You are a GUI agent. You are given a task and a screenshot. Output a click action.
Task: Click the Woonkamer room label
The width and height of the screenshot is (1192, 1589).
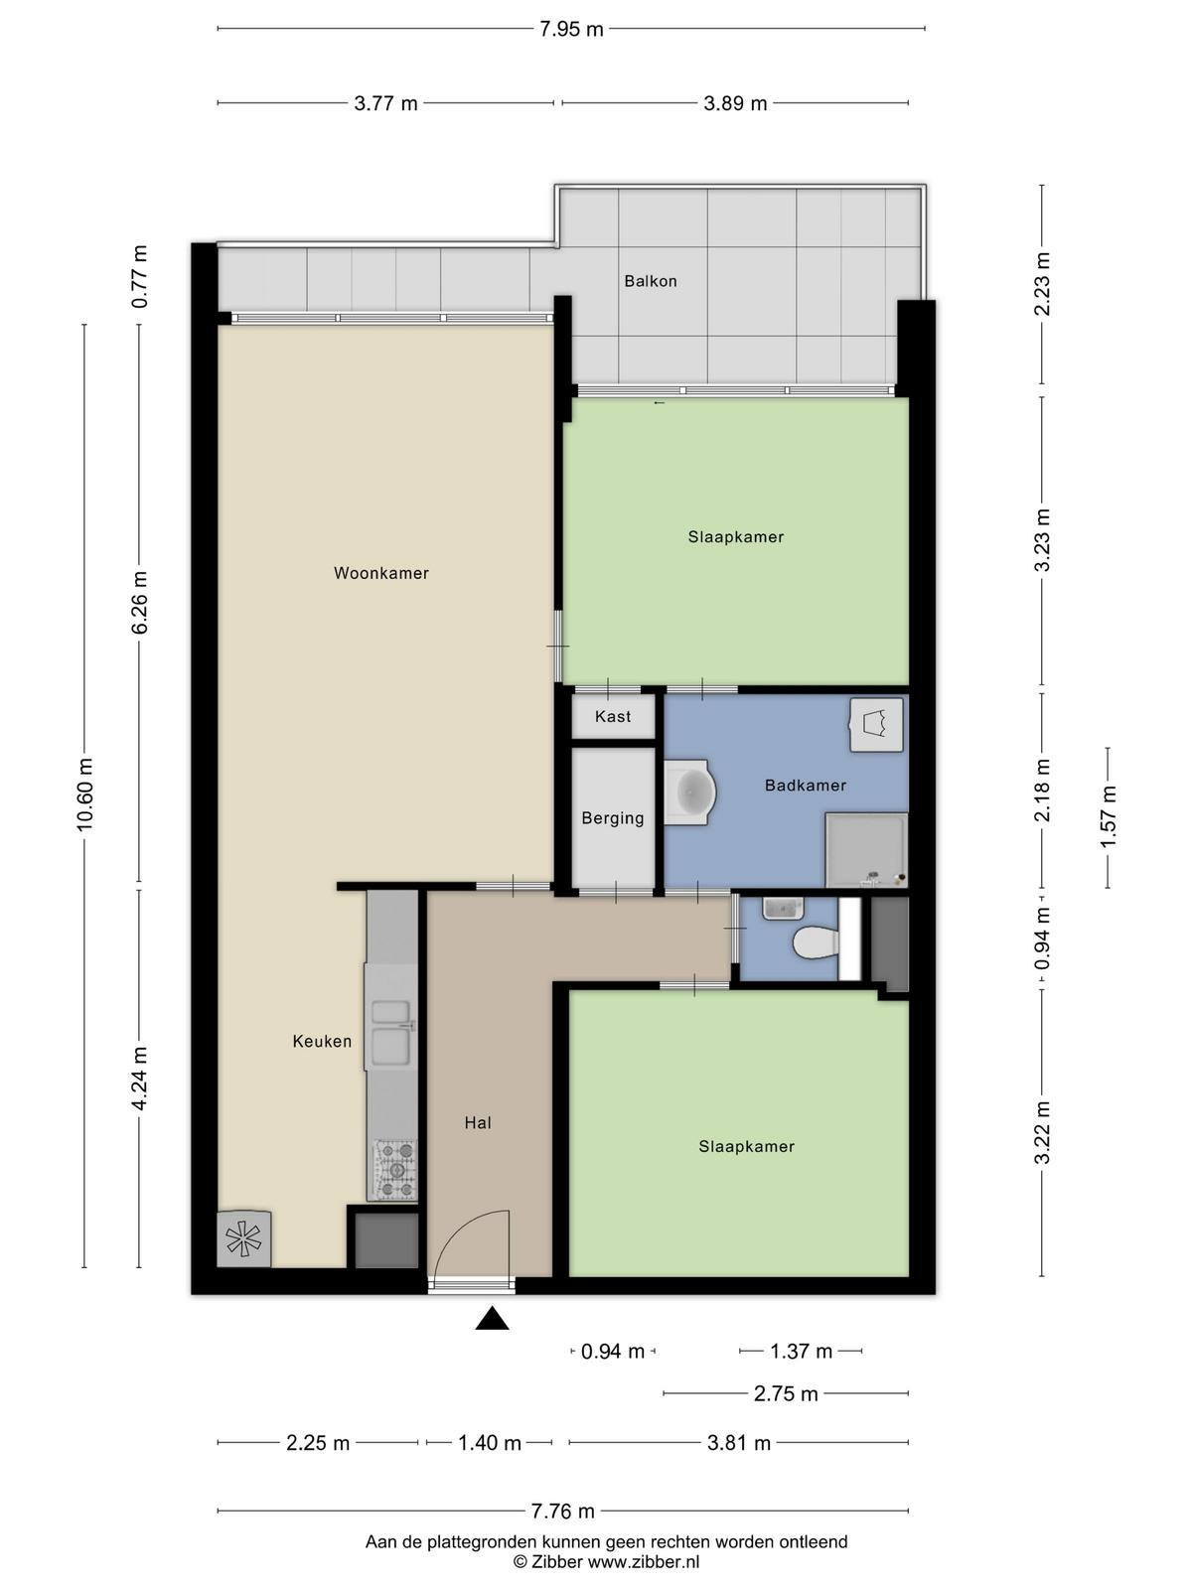pos(380,573)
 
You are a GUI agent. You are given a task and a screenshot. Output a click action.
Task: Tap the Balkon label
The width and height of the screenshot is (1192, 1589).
pos(651,281)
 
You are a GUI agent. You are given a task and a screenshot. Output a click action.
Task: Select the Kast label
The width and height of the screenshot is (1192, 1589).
pos(612,717)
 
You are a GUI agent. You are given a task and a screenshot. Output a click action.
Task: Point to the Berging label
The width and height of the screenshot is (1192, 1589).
pos(612,818)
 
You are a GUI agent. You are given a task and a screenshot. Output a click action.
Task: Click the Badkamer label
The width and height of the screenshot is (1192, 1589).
pos(806,786)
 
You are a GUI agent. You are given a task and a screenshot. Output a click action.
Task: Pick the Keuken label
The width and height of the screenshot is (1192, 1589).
pos(322,1041)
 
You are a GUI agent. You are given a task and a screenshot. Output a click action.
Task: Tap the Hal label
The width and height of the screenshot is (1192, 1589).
pos(478,1123)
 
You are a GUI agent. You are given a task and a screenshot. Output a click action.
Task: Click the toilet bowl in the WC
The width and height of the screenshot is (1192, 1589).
pos(816,943)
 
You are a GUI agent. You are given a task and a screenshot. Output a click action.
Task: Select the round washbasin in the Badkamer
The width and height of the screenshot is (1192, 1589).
pos(690,793)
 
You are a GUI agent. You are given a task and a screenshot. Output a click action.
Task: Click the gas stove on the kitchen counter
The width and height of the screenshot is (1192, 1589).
pos(394,1169)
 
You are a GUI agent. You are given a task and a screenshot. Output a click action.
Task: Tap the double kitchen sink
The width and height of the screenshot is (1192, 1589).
pos(390,1033)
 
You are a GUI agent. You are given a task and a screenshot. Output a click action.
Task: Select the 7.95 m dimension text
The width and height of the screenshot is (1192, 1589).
pos(571,30)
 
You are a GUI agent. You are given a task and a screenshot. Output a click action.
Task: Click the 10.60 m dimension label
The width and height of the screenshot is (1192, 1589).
pos(85,794)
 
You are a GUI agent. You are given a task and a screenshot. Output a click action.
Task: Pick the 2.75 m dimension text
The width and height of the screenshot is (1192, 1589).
pos(786,1393)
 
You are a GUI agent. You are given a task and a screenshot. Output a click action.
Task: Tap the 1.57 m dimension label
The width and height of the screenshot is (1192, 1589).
pos(1108,816)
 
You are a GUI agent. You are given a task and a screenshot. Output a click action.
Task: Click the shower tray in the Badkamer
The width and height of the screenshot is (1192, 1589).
pos(866,850)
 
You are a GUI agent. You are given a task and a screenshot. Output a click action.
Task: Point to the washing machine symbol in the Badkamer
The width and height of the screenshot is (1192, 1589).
pos(876,725)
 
